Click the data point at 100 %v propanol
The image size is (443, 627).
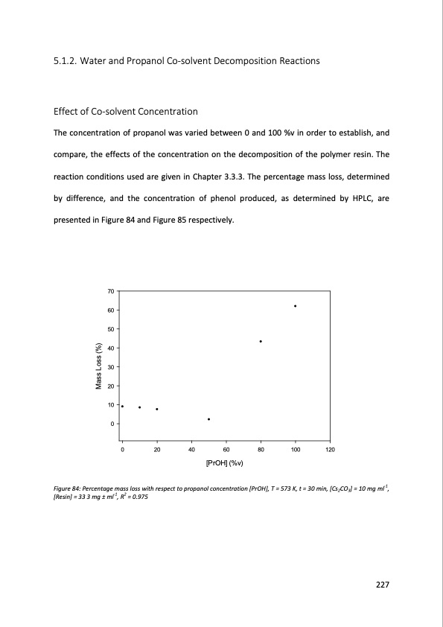pos(296,306)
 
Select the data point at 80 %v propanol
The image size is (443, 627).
pos(261,341)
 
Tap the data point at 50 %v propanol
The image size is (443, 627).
pos(208,419)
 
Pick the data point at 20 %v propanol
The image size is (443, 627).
pos(157,409)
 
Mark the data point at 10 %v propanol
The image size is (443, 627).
pos(139,407)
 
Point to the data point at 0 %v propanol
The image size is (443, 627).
pos(122,407)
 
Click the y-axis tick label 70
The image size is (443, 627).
pos(110,290)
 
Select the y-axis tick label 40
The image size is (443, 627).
pos(110,348)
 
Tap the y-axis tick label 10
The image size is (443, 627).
pos(110,405)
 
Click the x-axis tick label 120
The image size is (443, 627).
pos(330,451)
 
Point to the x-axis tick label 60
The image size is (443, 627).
pos(226,451)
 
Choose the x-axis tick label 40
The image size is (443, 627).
pos(191,451)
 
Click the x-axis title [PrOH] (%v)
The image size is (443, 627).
pos(226,463)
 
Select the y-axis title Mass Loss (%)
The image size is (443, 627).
pos(98,366)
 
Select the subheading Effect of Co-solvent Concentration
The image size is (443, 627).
pos(126,112)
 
